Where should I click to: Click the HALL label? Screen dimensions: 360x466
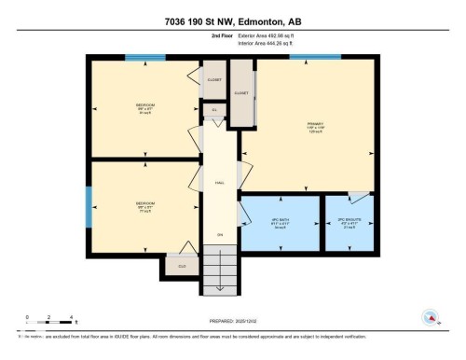220,183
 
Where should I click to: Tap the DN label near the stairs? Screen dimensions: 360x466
220,233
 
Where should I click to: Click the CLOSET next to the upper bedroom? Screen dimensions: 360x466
213,79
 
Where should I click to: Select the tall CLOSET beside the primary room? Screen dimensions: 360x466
242,94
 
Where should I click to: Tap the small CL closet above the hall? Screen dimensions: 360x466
213,110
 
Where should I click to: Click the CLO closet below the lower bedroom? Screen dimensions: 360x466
183,265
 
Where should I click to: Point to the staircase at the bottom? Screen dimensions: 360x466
221,271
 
